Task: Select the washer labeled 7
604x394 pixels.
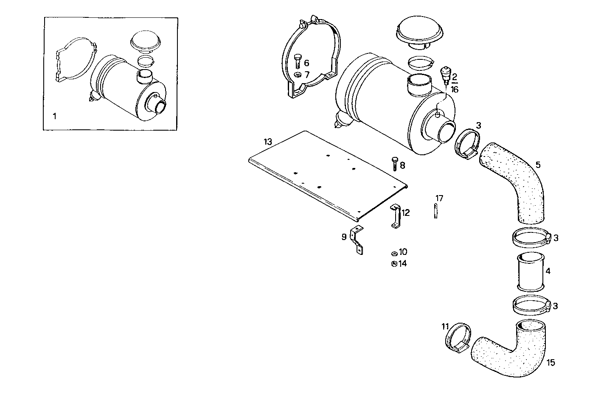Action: click(x=297, y=75)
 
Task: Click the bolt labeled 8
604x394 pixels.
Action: click(x=394, y=163)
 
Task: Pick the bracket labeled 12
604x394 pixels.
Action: click(x=395, y=216)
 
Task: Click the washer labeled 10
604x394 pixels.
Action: click(x=394, y=253)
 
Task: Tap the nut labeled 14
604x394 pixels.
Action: click(x=394, y=264)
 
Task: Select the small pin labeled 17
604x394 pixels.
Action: click(x=435, y=210)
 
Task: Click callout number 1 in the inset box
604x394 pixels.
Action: click(x=54, y=115)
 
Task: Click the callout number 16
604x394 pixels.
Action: click(x=455, y=89)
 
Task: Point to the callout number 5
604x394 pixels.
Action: click(x=538, y=165)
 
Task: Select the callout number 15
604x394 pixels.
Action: click(x=551, y=363)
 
